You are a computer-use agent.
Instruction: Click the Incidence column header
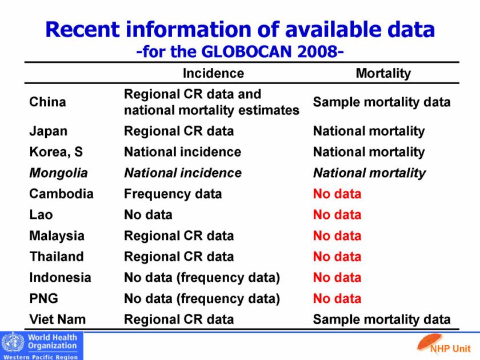coord(213,73)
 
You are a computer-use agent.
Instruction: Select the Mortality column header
coord(383,73)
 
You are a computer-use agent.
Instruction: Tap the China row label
coord(47,102)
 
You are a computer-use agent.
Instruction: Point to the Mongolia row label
coord(58,173)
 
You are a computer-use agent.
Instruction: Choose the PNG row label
coord(43,298)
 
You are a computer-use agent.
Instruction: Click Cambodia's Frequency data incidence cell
coord(173,194)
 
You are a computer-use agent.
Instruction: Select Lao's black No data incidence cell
coord(148,215)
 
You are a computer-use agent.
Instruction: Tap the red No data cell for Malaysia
coord(337,235)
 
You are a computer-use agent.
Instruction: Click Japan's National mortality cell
coord(369,131)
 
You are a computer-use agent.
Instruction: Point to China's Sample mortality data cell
coord(382,102)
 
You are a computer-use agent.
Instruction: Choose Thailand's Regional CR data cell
coord(179,257)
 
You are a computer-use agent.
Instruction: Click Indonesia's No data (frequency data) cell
coord(202,278)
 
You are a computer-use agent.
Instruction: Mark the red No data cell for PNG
coord(337,298)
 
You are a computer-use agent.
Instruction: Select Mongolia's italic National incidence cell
coord(183,173)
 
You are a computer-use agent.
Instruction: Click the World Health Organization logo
coord(42,345)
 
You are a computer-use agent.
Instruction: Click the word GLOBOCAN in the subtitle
coord(247,53)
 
